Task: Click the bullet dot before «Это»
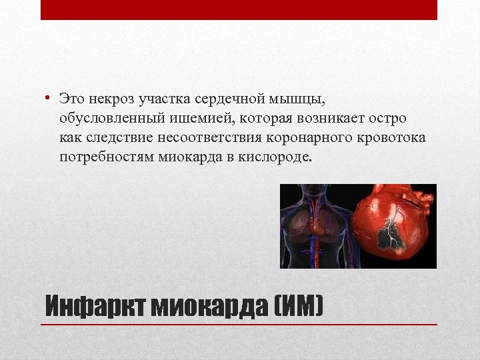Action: [x=49, y=99]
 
